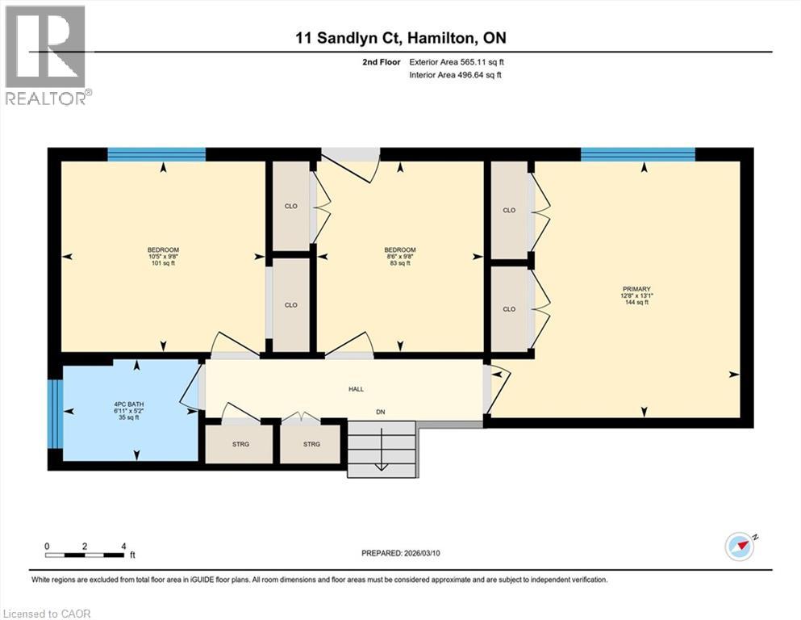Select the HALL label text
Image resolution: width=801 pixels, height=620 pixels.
(356, 389)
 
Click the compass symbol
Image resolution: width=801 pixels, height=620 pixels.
(739, 546)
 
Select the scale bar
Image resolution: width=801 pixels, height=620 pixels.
(86, 555)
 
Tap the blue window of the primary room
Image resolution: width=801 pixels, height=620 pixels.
(638, 154)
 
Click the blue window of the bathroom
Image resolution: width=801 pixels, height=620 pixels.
(54, 414)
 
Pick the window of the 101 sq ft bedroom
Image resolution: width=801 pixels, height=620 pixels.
(156, 154)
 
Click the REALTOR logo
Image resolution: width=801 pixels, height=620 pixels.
(46, 55)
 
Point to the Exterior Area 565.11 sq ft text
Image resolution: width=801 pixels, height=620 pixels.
(456, 61)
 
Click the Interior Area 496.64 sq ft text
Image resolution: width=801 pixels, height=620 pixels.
(457, 75)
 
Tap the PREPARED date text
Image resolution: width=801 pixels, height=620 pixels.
(400, 553)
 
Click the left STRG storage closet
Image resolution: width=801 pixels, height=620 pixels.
(239, 444)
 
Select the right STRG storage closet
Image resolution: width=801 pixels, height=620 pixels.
(311, 444)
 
